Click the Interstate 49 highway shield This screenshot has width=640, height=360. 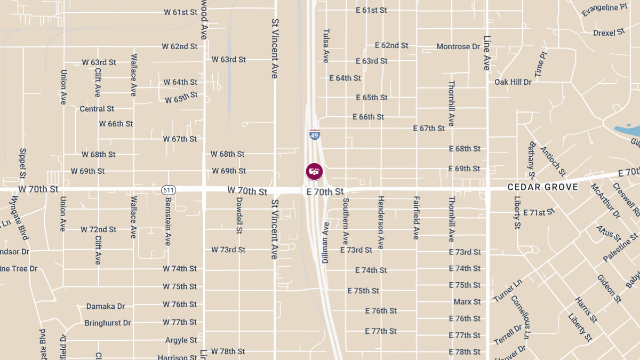315,135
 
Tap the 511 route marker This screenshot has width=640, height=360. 169,190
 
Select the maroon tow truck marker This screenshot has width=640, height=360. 314,171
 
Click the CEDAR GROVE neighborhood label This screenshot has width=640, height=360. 542,187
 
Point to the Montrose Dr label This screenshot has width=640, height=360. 458,46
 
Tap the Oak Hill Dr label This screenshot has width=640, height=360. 513,82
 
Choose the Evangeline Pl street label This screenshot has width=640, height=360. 604,10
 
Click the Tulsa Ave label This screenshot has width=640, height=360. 326,45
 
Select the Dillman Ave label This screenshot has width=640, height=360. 325,243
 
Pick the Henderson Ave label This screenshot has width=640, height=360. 381,222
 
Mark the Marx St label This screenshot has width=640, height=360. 467,302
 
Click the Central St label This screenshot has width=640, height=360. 97,109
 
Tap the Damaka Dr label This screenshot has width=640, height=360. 106,307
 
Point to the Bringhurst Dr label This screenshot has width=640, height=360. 108,323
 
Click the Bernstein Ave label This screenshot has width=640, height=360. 167,221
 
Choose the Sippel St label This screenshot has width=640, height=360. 22,163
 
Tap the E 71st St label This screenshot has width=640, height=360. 539,212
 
